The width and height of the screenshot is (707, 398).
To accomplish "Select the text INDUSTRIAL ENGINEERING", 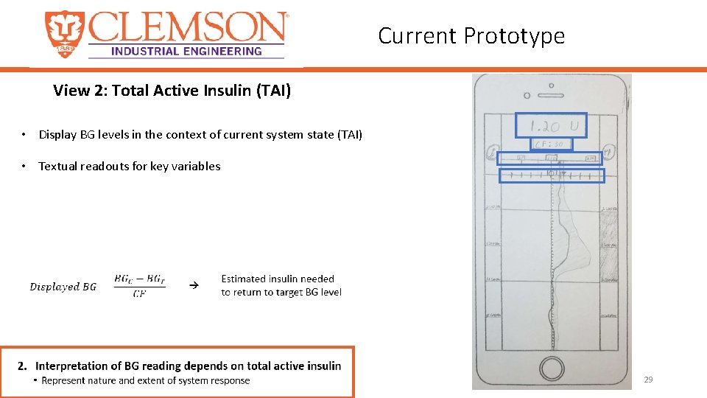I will [x=186, y=51].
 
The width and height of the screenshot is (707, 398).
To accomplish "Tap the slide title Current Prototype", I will [x=471, y=35].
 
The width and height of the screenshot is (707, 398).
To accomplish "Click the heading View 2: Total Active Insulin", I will [x=172, y=91].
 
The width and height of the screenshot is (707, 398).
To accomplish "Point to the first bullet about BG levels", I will [x=200, y=134].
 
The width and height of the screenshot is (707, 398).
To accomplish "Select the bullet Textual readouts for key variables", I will [x=129, y=166].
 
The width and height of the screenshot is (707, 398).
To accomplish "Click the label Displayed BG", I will [x=63, y=287].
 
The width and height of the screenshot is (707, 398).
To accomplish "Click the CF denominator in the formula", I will [x=139, y=294].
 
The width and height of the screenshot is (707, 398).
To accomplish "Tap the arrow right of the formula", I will [x=194, y=284].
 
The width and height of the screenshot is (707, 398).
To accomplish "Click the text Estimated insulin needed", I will [x=278, y=279].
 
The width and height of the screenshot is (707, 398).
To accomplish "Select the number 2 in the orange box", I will [x=22, y=366].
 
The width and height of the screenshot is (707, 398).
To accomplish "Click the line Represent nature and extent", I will [x=146, y=381].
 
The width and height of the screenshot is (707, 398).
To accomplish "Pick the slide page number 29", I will [x=648, y=380].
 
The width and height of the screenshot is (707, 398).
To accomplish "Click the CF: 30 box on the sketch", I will [x=550, y=144].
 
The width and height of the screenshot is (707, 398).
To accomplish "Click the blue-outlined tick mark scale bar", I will [x=552, y=175].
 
